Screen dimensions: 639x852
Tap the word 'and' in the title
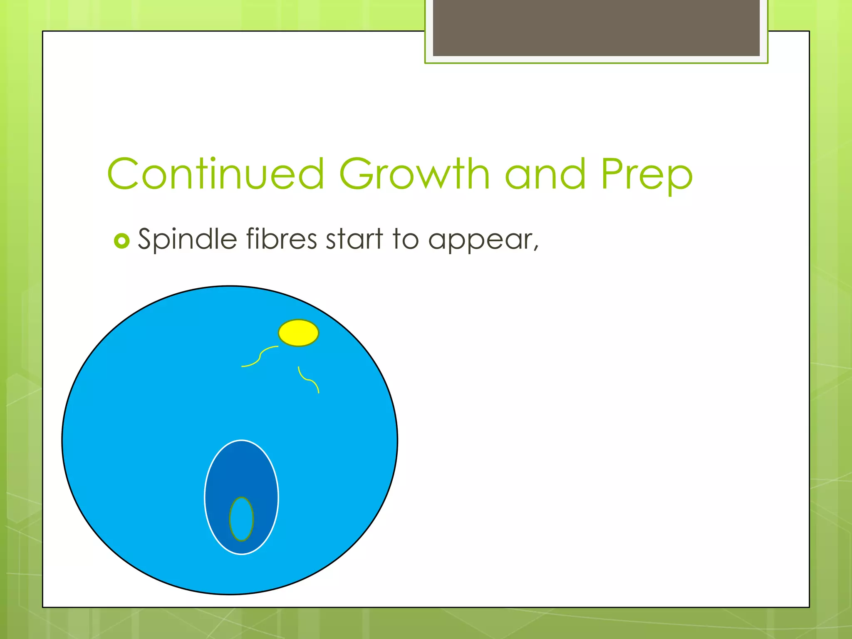pos(545,175)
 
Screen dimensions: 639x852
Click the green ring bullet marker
pos(121,241)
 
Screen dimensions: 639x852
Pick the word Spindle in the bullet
pos(187,240)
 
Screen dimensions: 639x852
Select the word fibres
pos(281,239)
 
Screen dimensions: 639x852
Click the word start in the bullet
pos(354,240)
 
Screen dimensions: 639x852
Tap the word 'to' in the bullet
pos(405,240)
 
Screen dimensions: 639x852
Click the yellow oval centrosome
pos(298,333)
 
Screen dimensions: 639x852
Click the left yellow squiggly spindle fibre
pos(260,357)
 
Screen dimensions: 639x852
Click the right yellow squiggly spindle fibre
pos(308,379)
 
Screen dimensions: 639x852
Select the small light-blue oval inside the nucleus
pos(241,519)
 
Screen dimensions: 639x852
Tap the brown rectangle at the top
pos(596,28)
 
